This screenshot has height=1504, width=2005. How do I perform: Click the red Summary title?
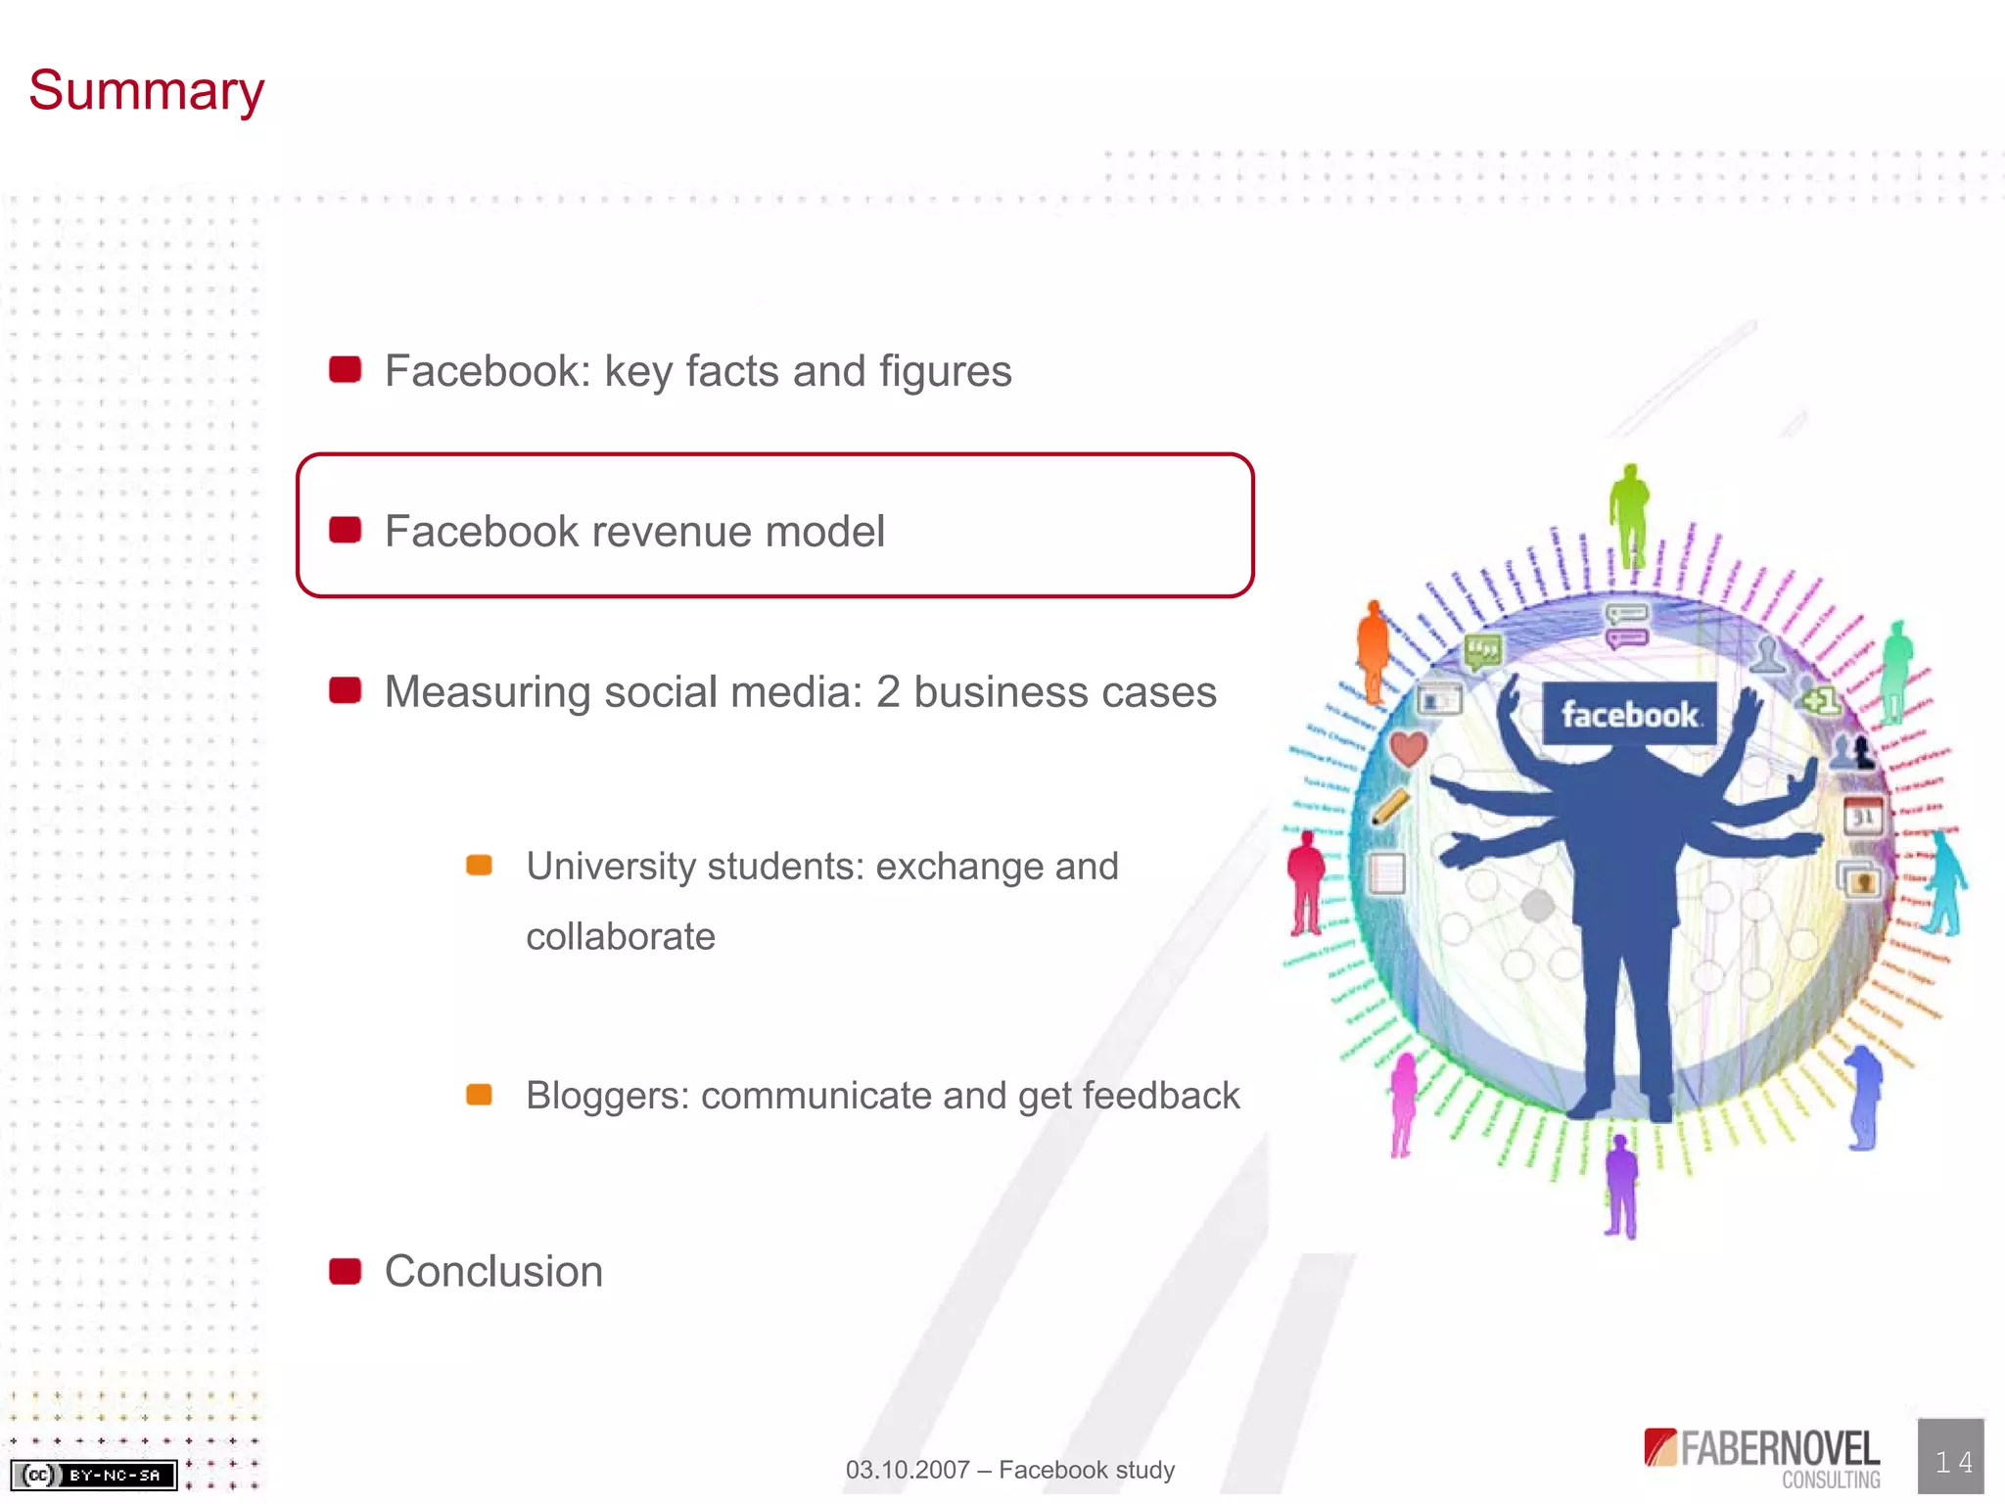(x=147, y=91)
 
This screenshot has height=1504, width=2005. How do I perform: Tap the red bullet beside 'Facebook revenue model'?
(x=345, y=530)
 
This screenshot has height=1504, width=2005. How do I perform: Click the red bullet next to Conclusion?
(x=345, y=1271)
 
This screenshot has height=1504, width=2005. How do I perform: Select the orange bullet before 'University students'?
(x=479, y=865)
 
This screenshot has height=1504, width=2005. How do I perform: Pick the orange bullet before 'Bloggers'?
(x=479, y=1094)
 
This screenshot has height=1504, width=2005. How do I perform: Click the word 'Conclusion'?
(x=493, y=1271)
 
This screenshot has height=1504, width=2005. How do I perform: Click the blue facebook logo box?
(x=1629, y=713)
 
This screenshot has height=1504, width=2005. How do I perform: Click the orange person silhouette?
(x=1373, y=651)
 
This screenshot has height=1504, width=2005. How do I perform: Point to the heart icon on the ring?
(x=1409, y=749)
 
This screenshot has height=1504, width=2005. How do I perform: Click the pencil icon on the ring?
(x=1390, y=807)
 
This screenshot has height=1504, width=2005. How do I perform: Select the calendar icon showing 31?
(x=1863, y=815)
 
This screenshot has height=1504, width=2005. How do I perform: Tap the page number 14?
(x=1952, y=1462)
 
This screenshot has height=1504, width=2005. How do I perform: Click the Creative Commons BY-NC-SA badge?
(x=94, y=1475)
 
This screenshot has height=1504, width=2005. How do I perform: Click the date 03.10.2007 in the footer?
(x=907, y=1470)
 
